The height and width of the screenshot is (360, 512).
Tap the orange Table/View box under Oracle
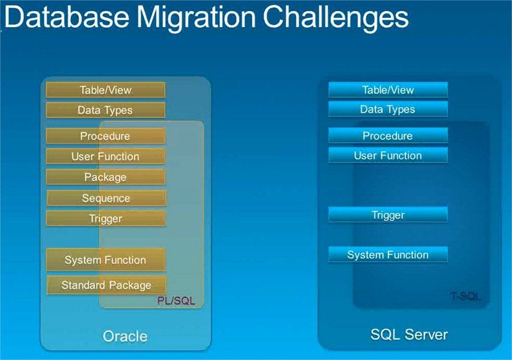105,90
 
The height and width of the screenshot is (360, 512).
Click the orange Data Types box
105,110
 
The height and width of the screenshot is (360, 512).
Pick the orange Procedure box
105,136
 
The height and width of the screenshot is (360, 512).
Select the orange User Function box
105,156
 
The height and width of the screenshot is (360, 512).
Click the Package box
105,177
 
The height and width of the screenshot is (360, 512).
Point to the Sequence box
106,198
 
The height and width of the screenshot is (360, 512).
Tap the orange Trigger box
105,218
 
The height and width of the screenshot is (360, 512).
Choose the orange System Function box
105,260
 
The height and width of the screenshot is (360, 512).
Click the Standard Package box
106,285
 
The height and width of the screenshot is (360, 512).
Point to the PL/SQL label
176,301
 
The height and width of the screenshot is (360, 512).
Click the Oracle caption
125,336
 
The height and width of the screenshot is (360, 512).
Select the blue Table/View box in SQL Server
388,90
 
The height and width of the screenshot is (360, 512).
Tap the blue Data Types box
388,109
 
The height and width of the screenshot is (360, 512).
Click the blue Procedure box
388,135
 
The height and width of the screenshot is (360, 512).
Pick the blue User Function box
388,155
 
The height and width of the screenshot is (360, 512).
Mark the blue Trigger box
388,215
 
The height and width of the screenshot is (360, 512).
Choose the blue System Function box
388,254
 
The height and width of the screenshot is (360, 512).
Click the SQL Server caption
409,334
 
